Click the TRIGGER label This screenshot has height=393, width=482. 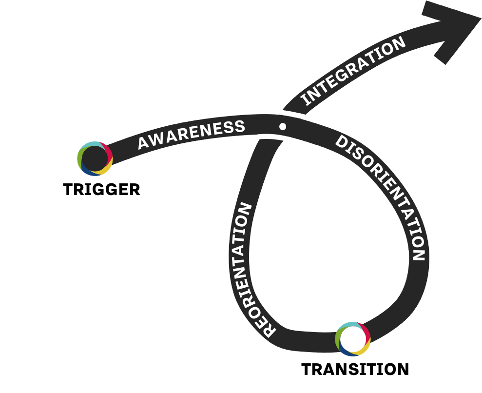101,189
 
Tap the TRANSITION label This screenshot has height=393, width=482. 355,369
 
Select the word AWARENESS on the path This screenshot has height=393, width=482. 191,134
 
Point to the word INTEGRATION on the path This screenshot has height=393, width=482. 353,71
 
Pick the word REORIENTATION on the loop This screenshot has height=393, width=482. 252,270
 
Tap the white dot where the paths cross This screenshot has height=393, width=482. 282,126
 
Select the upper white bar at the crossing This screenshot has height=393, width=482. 290,114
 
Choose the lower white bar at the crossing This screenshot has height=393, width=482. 274,138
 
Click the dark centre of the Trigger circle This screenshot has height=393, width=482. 95,158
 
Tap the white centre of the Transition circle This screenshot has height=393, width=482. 352,338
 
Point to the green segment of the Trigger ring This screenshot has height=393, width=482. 80,155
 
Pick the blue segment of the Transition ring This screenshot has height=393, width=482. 344,350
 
